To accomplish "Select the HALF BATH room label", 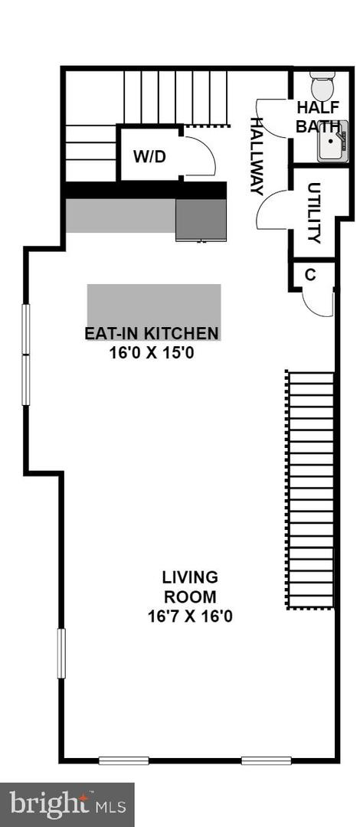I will click(x=313, y=117).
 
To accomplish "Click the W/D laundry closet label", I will click(x=149, y=157).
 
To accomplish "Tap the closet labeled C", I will click(x=310, y=275).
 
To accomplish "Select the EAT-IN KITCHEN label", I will click(x=152, y=333).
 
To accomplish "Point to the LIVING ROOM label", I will click(x=189, y=587).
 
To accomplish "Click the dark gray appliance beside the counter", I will click(x=201, y=220).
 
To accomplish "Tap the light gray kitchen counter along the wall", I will click(x=120, y=216).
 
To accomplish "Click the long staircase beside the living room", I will click(x=310, y=490).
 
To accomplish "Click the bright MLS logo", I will click(x=67, y=804).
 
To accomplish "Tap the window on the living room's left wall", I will click(x=61, y=653).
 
